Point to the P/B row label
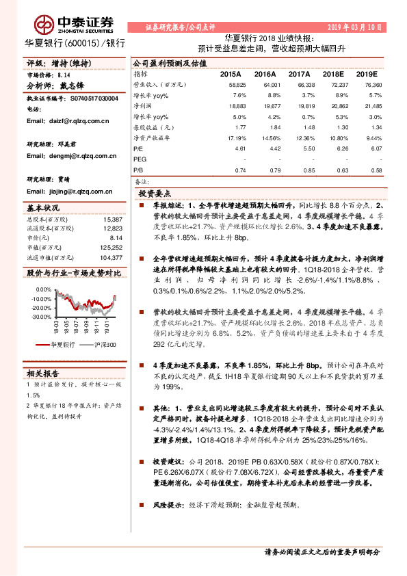[x=138, y=170]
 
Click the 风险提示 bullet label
[x=169, y=505]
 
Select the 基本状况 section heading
[x=44, y=207]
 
